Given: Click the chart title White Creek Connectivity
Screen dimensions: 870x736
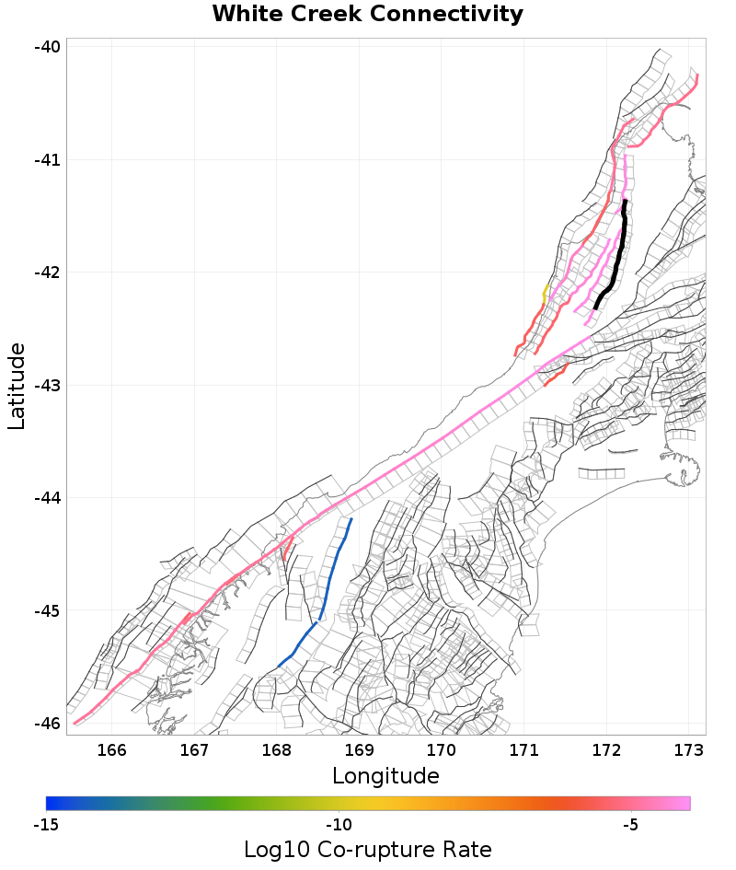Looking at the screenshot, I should pos(367,15).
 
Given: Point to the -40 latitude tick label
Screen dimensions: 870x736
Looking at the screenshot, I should pos(48,47).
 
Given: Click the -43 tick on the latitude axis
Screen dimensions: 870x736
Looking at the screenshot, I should pos(48,386).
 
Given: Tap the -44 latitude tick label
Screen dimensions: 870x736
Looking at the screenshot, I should pos(48,498).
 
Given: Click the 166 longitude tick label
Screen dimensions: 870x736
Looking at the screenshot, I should pos(111,749).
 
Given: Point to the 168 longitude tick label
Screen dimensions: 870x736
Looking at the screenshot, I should pos(276,749).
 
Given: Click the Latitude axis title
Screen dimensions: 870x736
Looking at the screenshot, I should pos(17,386).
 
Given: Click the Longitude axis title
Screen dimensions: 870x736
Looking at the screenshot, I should pos(385,776).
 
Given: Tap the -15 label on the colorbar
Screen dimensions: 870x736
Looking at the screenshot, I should pos(47,825).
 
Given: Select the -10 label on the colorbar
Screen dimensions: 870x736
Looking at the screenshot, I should pos(339,825).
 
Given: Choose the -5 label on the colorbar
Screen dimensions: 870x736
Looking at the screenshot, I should pos(630,825).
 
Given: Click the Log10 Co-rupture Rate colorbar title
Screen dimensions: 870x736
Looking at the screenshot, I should pos(367,850).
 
